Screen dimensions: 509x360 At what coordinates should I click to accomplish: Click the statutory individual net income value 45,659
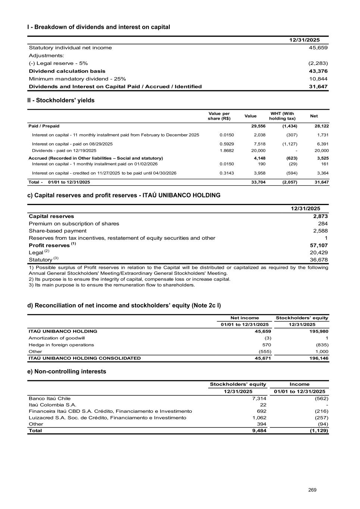318,48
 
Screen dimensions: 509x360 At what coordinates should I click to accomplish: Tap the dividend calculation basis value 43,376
318,71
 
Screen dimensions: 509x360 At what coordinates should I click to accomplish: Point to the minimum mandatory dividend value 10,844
318,79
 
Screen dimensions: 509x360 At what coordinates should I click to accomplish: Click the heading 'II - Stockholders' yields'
61,100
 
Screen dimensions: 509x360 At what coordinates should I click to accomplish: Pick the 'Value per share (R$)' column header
219,116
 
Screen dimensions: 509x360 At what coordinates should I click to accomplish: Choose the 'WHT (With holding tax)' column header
282,116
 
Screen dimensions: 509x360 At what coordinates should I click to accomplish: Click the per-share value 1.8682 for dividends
227,151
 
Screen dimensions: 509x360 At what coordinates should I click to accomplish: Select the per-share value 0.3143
227,173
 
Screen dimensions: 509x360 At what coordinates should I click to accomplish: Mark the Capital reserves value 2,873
320,216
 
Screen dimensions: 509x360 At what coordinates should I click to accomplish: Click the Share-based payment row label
57,231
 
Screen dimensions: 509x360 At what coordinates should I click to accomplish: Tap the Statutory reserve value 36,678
318,260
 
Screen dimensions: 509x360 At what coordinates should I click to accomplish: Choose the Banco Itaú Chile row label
50,399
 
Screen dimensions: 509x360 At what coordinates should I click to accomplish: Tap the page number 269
312,490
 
